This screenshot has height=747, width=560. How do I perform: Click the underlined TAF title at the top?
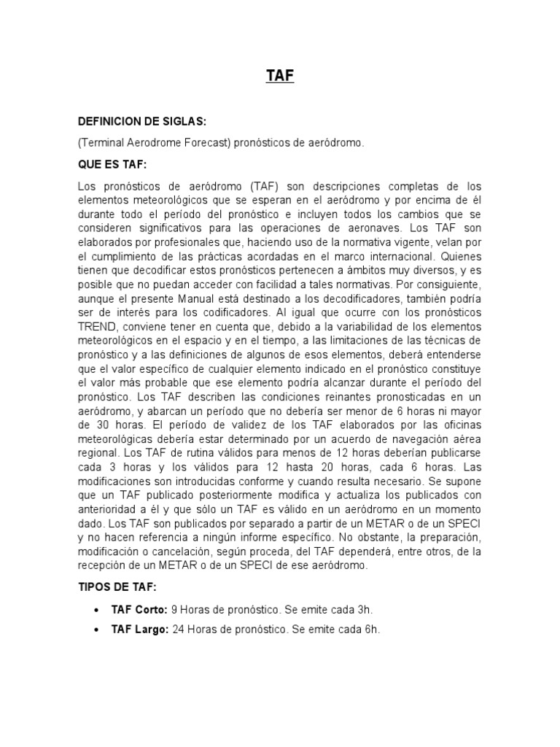[280, 75]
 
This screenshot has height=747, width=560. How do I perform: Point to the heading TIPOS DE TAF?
[117, 587]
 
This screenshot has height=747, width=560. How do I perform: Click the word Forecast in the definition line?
[206, 143]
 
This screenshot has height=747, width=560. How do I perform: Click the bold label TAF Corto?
[139, 610]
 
